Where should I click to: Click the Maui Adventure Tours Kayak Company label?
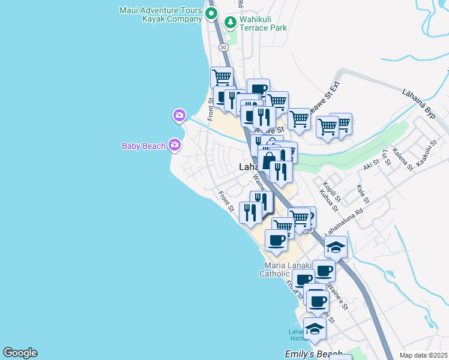(160, 14)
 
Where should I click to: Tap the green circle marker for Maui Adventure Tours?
(211, 13)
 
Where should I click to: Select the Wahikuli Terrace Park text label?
(263, 23)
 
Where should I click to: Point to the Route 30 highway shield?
(223, 46)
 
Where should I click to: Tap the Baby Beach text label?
(143, 146)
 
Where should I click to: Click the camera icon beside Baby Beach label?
(175, 144)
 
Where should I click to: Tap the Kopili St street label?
(332, 191)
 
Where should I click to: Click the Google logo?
(20, 353)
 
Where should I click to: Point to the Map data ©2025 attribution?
(424, 355)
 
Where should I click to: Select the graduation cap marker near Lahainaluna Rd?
(336, 247)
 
